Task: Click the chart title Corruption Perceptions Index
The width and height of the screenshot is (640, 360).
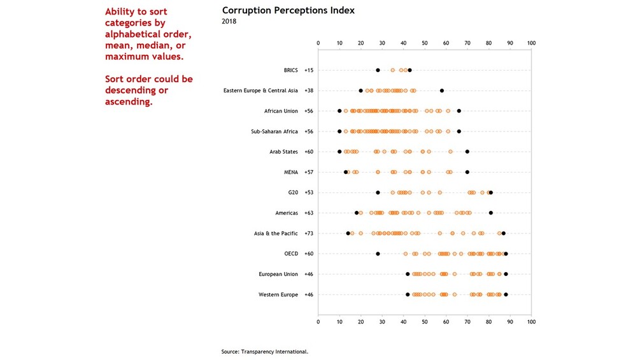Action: (x=288, y=11)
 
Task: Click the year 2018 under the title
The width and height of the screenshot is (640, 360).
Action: (x=229, y=22)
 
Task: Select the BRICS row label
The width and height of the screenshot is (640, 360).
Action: (x=290, y=70)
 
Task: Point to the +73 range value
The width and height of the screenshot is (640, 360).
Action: (x=309, y=234)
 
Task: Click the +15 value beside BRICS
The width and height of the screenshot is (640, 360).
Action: (x=309, y=70)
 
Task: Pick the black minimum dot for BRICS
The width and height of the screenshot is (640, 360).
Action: (x=378, y=70)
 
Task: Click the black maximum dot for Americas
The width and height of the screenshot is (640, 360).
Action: (x=491, y=213)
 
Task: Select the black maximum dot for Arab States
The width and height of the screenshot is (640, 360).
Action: (x=467, y=152)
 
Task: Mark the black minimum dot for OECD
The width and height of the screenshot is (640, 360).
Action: (x=378, y=254)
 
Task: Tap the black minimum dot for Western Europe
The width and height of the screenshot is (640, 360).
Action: (x=408, y=294)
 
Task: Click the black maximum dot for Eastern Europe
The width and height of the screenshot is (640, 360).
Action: (x=442, y=90)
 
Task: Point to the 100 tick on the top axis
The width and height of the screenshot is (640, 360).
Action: (x=531, y=43)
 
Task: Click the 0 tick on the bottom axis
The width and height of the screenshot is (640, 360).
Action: (x=318, y=321)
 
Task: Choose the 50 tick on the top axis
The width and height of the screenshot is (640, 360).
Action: (x=425, y=43)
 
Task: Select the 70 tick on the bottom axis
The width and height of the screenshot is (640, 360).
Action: (x=467, y=321)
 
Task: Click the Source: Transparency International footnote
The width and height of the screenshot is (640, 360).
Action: (x=265, y=351)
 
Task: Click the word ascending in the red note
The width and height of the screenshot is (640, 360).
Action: (x=129, y=101)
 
